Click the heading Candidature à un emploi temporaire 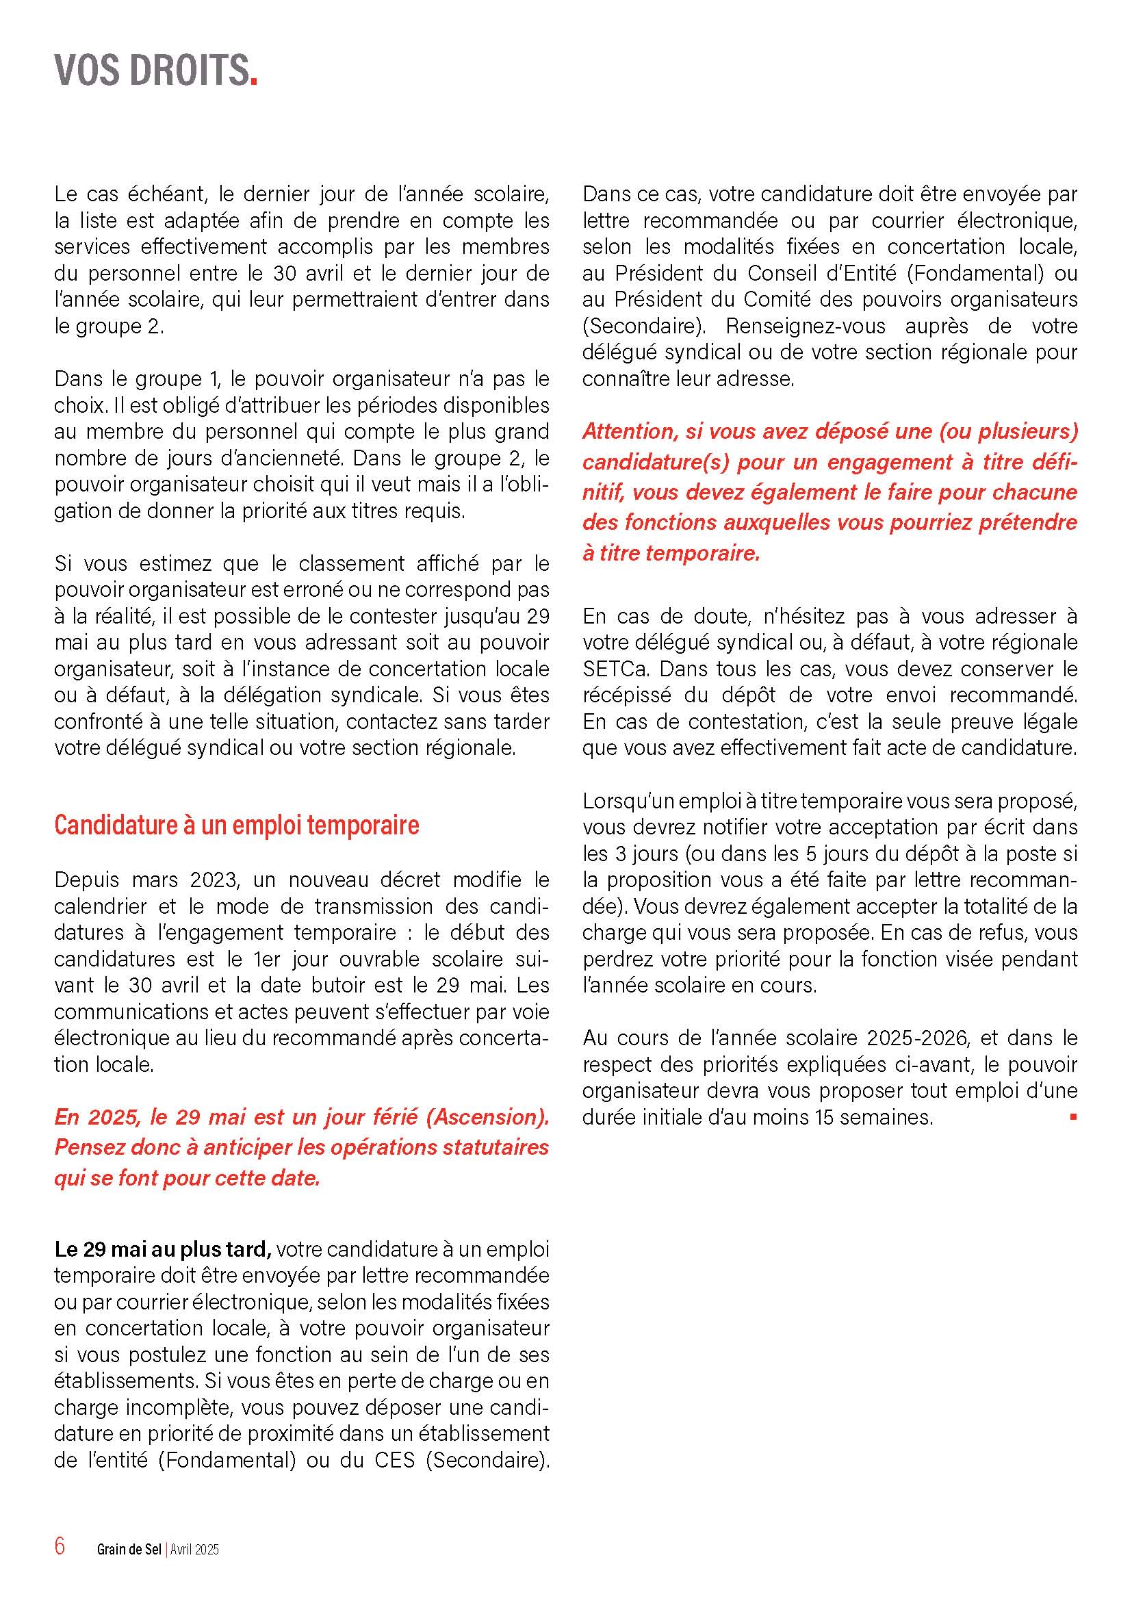(236, 825)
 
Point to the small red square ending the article (1073, 1117)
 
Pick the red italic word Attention (629, 432)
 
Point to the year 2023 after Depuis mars (215, 880)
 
